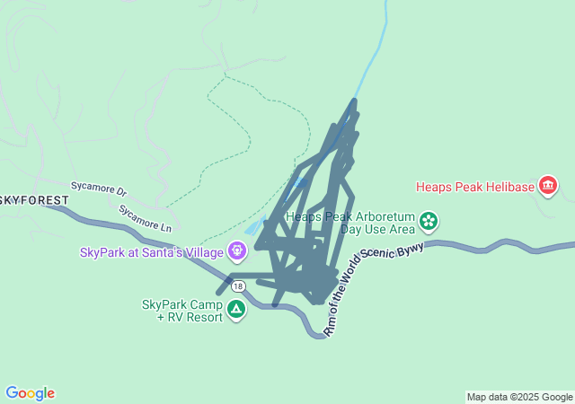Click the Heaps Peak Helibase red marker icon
(547, 187)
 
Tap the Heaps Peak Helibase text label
(474, 188)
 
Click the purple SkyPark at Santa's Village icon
(237, 250)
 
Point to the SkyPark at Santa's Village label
(152, 251)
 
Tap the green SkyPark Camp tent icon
(236, 310)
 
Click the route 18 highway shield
(236, 286)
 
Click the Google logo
(30, 393)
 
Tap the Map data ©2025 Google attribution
(519, 397)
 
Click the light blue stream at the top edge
(386, 18)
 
